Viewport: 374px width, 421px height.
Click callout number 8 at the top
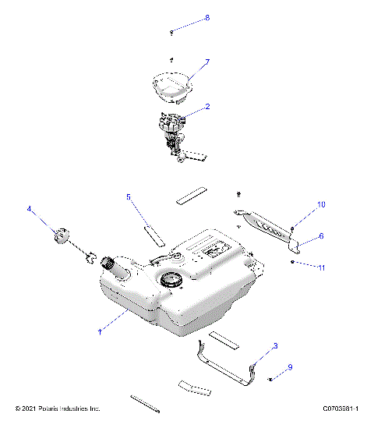click(207, 17)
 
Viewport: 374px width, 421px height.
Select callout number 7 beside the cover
click(207, 61)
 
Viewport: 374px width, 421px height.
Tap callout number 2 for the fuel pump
click(207, 106)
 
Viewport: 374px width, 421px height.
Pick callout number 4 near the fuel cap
click(30, 209)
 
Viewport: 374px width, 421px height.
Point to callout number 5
click(129, 197)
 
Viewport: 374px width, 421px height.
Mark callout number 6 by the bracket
click(320, 235)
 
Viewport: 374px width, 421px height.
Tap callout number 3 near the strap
click(275, 345)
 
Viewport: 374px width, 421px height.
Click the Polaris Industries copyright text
click(58, 409)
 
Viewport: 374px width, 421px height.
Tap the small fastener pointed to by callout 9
click(270, 379)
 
